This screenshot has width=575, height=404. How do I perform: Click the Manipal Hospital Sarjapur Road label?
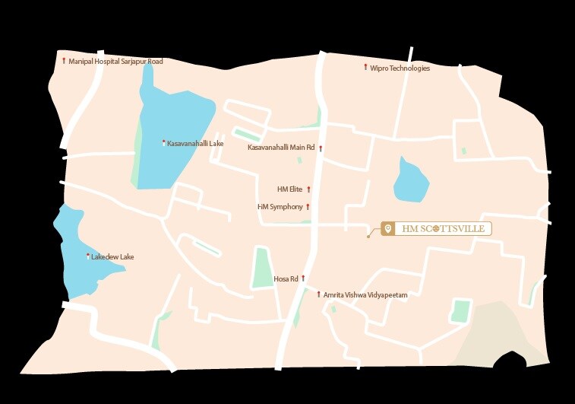[x=115, y=61]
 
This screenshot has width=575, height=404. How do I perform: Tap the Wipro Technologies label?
[x=400, y=68]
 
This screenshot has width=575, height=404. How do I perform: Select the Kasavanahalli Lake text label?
[x=195, y=143]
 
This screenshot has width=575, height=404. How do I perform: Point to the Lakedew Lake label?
[x=112, y=257]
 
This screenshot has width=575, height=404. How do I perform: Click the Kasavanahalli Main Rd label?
[x=281, y=148]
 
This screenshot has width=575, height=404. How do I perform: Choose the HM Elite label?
[x=290, y=189]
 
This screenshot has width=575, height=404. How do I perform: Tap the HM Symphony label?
[x=280, y=207]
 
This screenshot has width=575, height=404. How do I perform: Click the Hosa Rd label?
[x=286, y=279]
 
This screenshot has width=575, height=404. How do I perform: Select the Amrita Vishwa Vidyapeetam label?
[x=365, y=294]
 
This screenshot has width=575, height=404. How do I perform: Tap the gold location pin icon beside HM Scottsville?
[x=387, y=229]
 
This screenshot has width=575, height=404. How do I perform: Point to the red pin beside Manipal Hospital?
[x=64, y=59]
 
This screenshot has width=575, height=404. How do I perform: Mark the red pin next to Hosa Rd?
[x=303, y=278]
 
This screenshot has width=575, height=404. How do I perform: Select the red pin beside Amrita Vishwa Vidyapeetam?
[x=318, y=294]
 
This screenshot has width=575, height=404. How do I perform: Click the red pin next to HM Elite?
[x=308, y=189]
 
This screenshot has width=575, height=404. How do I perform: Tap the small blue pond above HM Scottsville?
[x=410, y=180]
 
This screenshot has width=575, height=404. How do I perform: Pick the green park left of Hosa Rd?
[x=263, y=268]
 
